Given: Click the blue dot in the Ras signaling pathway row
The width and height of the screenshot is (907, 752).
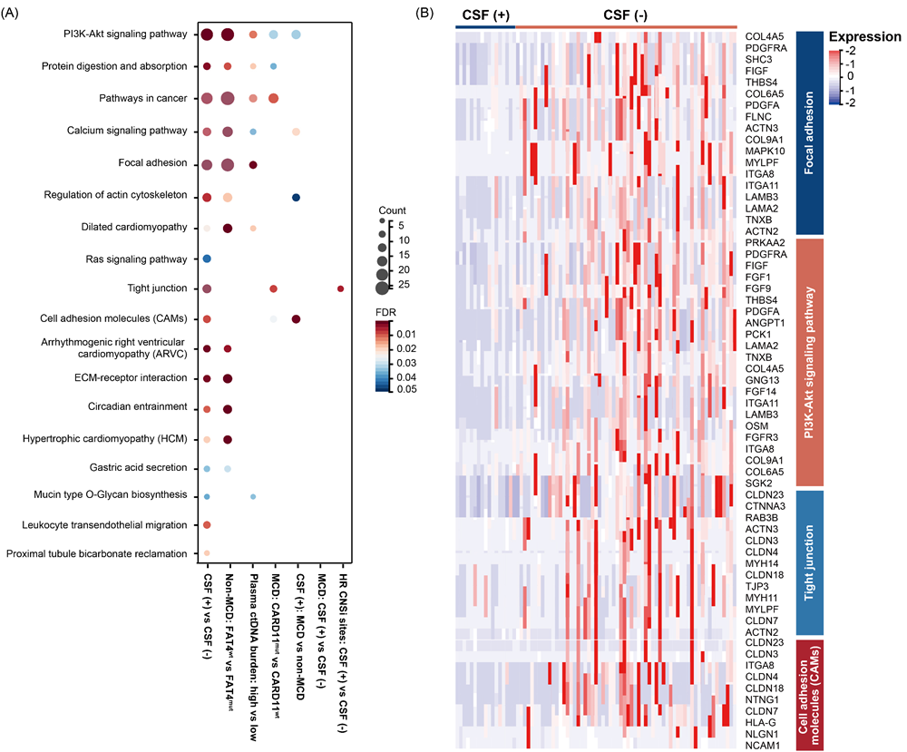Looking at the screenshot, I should click(207, 259).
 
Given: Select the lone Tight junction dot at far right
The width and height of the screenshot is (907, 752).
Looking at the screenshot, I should click(340, 288).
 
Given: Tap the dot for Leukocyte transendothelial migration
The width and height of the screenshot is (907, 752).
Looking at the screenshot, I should click(207, 525).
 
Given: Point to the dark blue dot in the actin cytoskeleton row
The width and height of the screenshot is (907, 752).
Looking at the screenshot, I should click(296, 197).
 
